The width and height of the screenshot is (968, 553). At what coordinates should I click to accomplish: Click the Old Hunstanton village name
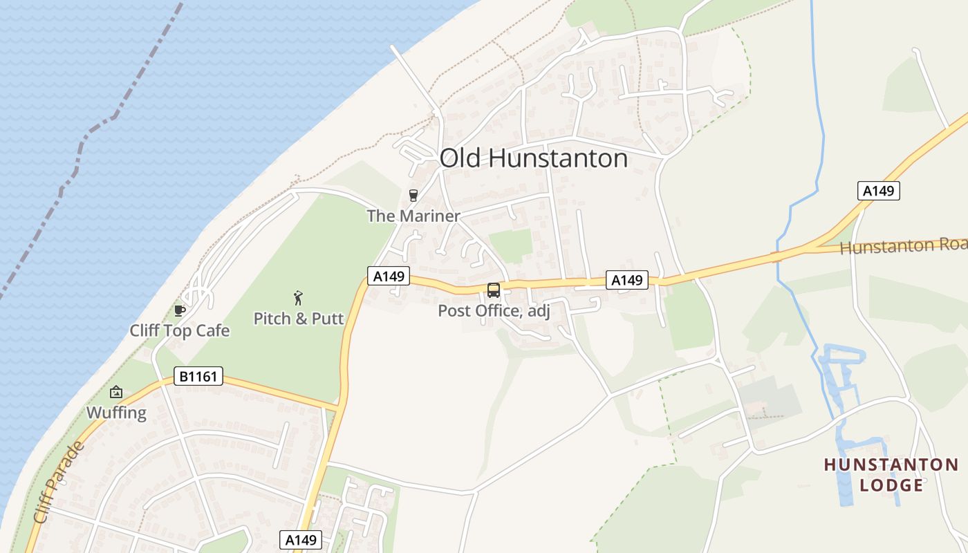(533, 158)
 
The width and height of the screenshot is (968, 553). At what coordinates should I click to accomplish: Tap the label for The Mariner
(413, 216)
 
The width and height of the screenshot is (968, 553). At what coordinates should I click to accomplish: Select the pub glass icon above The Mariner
(413, 196)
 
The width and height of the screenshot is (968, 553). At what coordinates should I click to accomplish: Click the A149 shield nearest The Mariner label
(388, 276)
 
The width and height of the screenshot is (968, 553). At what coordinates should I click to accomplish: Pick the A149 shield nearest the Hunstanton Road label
(879, 191)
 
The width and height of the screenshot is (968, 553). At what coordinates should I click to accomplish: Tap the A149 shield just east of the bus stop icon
(627, 280)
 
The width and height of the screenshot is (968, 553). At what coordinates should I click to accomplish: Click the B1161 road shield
(198, 377)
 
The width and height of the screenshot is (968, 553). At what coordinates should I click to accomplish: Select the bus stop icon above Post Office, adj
(493, 290)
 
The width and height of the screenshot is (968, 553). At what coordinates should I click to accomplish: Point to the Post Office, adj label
(494, 311)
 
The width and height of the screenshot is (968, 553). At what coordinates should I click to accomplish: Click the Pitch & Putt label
(299, 319)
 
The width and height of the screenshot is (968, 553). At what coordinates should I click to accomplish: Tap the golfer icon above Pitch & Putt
(299, 298)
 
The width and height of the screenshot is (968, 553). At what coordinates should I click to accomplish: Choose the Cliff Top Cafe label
(180, 330)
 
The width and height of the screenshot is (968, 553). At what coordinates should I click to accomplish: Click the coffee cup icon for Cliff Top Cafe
(180, 310)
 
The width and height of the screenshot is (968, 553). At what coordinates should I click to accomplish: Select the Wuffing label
(116, 413)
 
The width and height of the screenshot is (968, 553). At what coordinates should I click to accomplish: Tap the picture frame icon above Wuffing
(116, 392)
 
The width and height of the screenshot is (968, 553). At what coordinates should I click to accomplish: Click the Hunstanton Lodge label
(891, 474)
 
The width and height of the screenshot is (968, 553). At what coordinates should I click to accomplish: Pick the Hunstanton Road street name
(903, 246)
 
